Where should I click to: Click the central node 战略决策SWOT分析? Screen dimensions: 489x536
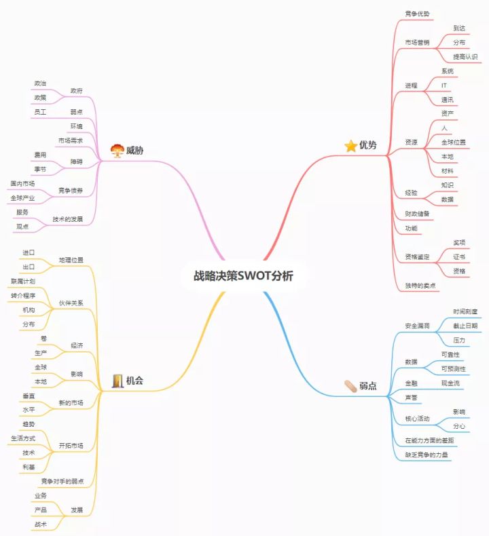tap(244, 276)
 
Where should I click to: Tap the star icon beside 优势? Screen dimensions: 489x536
tap(350, 146)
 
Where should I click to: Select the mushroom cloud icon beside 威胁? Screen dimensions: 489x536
tap(116, 150)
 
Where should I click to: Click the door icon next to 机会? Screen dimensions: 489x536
tap(117, 381)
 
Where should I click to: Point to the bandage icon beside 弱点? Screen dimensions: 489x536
tap(350, 386)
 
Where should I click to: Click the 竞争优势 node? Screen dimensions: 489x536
tap(417, 14)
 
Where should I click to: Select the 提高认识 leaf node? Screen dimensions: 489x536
tap(465, 56)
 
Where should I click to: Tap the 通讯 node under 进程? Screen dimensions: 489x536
tap(447, 100)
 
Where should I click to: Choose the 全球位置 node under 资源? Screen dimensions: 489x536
tap(453, 142)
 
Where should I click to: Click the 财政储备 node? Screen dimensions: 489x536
tap(417, 214)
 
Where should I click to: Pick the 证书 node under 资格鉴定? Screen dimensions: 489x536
tap(459, 256)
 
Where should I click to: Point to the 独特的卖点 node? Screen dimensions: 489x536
tap(420, 286)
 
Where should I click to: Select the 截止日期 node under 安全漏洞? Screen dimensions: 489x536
tap(465, 326)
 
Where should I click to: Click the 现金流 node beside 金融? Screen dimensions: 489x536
tap(452, 383)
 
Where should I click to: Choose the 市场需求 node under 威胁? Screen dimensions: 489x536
tap(70, 140)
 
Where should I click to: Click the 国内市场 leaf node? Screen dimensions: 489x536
tap(22, 184)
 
